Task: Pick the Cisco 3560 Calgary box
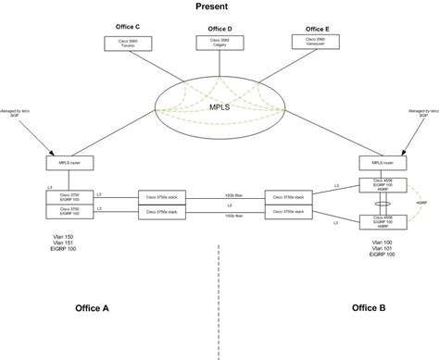pos(219,43)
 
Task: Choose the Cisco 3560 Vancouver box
pos(311,42)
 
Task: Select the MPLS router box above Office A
pos(66,163)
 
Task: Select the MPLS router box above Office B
pos(377,163)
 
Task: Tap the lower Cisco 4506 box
pos(375,222)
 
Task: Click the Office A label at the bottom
pos(92,306)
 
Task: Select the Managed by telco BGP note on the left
pos(18,114)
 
